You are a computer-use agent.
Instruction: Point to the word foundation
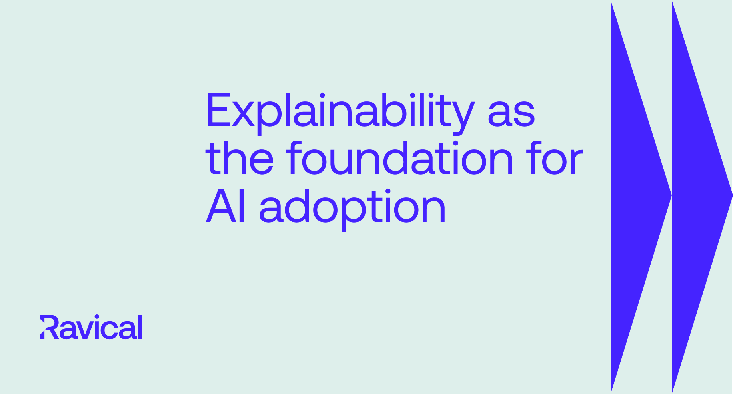pyautogui.click(x=400, y=159)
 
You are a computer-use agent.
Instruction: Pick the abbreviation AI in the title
pyautogui.click(x=226, y=207)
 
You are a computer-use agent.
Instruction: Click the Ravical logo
pyautogui.click(x=91, y=327)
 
